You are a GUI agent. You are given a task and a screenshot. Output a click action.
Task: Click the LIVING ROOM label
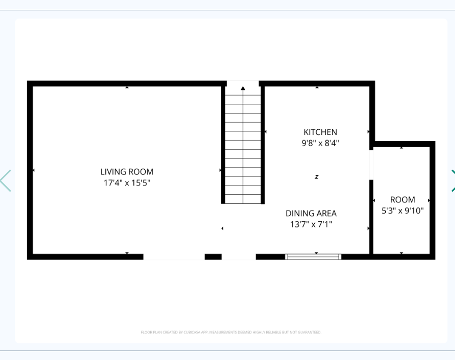(127, 172)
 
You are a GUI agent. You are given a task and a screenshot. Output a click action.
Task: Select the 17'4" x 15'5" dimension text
(127, 183)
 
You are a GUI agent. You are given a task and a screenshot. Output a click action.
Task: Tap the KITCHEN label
(320, 132)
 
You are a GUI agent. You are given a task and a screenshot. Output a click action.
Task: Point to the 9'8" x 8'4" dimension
(320, 143)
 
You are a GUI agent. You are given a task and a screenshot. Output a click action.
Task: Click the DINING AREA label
(311, 213)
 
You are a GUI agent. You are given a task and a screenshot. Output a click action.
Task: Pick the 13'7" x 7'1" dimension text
(311, 224)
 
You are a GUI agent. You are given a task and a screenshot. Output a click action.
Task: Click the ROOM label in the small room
(402, 200)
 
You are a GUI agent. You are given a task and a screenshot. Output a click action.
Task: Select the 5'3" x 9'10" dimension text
(402, 211)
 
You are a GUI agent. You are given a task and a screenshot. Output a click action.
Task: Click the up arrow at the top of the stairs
(243, 88)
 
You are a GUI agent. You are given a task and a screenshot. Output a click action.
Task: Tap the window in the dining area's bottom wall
(313, 257)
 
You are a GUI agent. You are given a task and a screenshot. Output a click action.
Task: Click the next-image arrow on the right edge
(452, 181)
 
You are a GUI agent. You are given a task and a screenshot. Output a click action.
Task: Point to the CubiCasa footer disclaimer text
(231, 332)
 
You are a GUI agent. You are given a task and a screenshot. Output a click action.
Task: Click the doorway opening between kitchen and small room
(371, 165)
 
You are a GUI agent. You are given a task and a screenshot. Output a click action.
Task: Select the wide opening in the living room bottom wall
(174, 257)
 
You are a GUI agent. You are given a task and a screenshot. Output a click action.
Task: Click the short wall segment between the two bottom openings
(213, 257)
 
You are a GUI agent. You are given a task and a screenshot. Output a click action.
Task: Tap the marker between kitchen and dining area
(316, 177)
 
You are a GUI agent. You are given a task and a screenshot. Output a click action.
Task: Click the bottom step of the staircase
(243, 199)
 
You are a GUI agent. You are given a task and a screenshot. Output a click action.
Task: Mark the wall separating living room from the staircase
(223, 143)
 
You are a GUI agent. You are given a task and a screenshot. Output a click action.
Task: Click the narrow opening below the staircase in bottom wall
(239, 257)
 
